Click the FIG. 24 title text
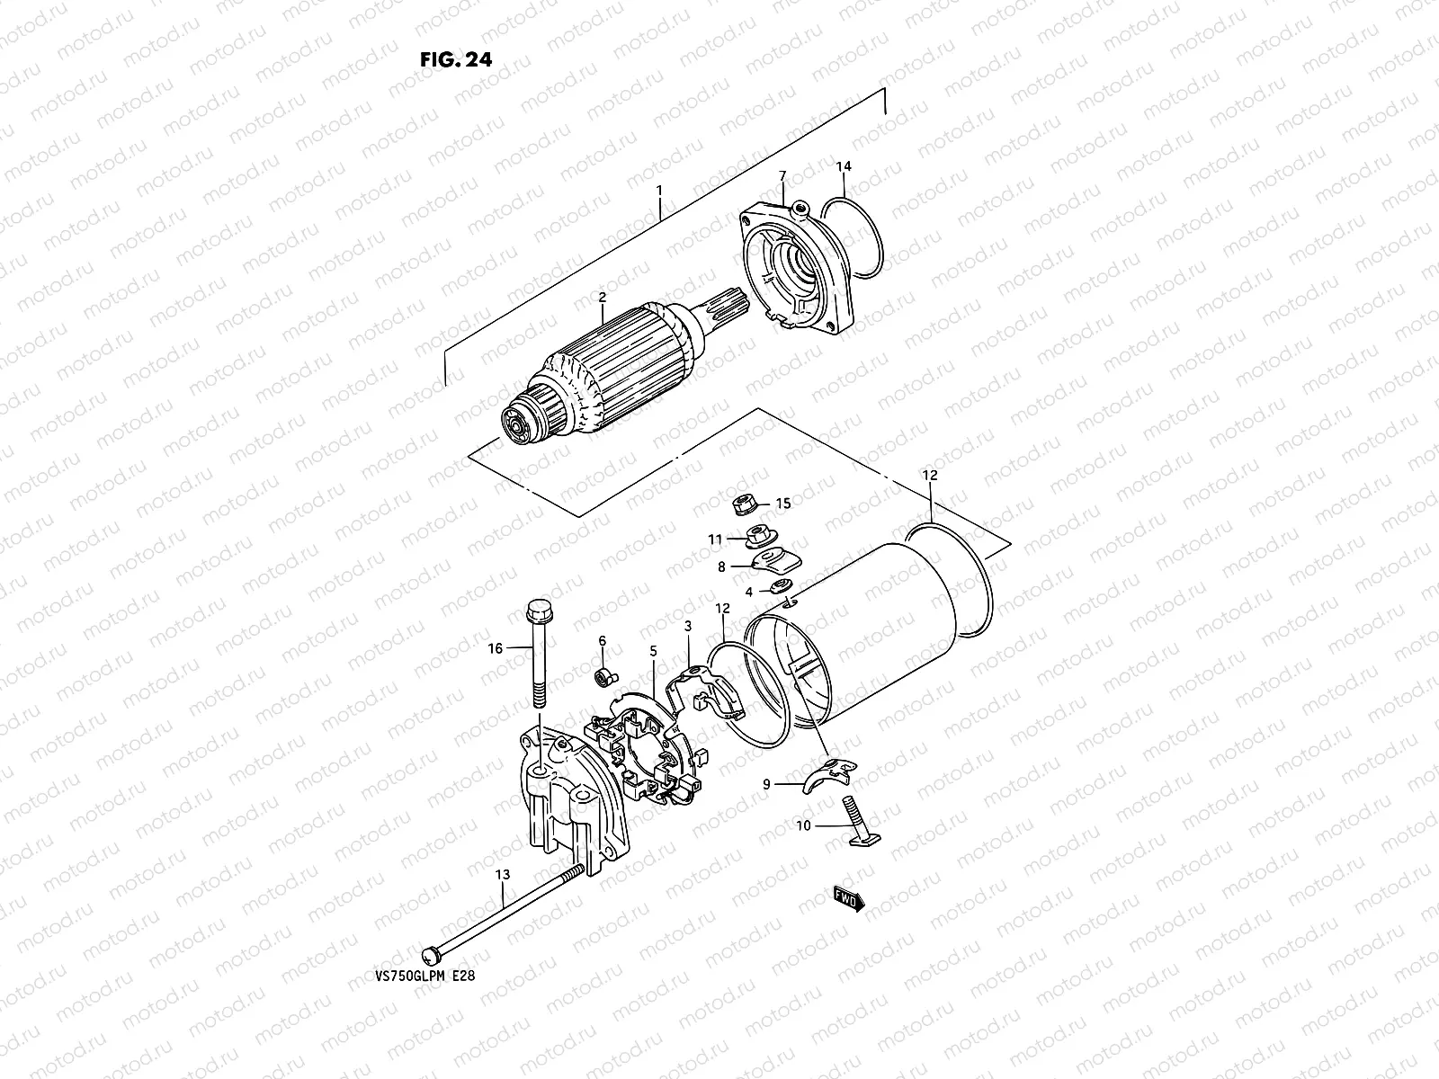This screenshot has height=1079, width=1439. (x=456, y=59)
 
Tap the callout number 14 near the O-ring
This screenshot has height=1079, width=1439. (x=844, y=166)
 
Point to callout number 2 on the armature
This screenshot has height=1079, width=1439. (x=602, y=298)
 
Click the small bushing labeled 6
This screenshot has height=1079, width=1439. (x=606, y=673)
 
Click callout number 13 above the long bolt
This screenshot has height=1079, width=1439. (x=501, y=875)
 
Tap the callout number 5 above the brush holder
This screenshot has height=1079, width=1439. (x=654, y=651)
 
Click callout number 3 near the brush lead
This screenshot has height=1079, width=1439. (x=687, y=626)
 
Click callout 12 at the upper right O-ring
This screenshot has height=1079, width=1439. (x=929, y=475)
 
